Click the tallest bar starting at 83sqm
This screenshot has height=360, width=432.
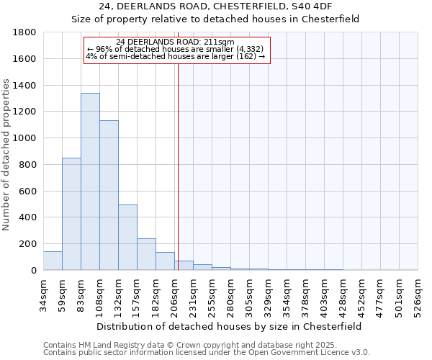pos(90,181)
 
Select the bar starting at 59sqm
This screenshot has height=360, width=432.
pos(71,214)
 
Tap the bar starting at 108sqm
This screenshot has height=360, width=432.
pos(109,195)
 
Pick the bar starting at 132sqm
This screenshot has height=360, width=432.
pos(127,238)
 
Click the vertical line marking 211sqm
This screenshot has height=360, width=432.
pos(178,166)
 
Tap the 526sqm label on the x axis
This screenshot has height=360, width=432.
pos(418,295)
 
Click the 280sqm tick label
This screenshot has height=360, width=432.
pos(230,295)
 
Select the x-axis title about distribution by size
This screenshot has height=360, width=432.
pos(230,326)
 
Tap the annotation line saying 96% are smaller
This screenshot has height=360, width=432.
pos(176,49)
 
